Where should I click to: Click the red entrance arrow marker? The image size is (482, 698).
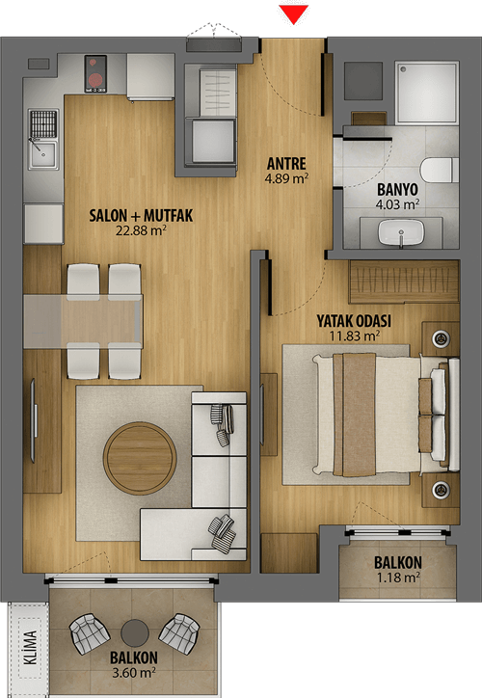pos(294,14)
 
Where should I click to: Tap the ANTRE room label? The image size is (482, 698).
pos(286,163)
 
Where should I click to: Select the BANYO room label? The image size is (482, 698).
pos(397,190)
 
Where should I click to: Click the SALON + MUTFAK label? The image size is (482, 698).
pos(141,215)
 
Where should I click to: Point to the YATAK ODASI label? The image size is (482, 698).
pos(354,320)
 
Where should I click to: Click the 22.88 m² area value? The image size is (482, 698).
pos(141,230)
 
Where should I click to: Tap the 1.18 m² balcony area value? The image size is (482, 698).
pos(399,577)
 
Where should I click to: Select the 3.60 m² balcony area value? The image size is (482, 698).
pos(134,672)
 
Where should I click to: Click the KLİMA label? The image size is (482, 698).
pos(30,648)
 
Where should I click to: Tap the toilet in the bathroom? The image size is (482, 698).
pos(439,170)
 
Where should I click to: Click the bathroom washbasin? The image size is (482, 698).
pos(401,232)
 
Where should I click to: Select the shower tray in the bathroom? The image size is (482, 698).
pos(426,93)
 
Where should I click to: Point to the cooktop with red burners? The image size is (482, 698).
pos(95,74)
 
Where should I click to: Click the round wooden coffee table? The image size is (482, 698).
pos(140,458)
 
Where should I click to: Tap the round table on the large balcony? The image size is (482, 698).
pos(135,633)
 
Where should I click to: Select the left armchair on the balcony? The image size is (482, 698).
pos(90,634)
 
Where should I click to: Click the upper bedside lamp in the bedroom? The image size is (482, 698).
pos(441,338)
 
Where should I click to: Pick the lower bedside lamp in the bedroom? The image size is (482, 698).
pos(441,489)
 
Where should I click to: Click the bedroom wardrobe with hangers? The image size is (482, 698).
pos(404,282)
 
